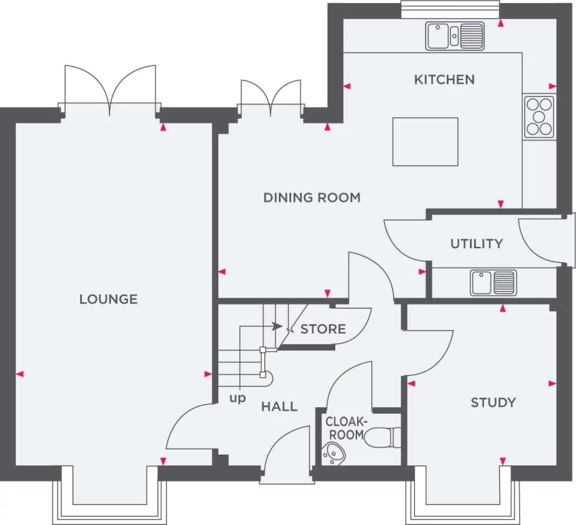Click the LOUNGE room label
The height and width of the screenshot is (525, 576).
[x=108, y=299]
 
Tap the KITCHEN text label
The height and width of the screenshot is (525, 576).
[x=444, y=79]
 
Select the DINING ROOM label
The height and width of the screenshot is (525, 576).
[x=312, y=198]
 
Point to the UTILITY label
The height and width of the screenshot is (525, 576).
[x=476, y=244]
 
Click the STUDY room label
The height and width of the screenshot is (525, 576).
[x=493, y=402]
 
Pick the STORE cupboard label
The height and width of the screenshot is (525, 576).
[x=323, y=329]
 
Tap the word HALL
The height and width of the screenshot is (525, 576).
[x=279, y=406]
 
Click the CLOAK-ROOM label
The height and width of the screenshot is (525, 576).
[x=346, y=428]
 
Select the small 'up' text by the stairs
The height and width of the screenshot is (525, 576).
[x=237, y=398]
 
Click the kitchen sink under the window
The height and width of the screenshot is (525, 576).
[x=454, y=36]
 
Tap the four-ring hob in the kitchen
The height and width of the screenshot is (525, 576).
[x=539, y=116]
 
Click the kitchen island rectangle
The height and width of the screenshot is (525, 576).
[x=425, y=141]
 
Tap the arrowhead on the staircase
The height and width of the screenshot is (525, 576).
[x=277, y=326]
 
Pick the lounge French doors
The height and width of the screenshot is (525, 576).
[x=111, y=90]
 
